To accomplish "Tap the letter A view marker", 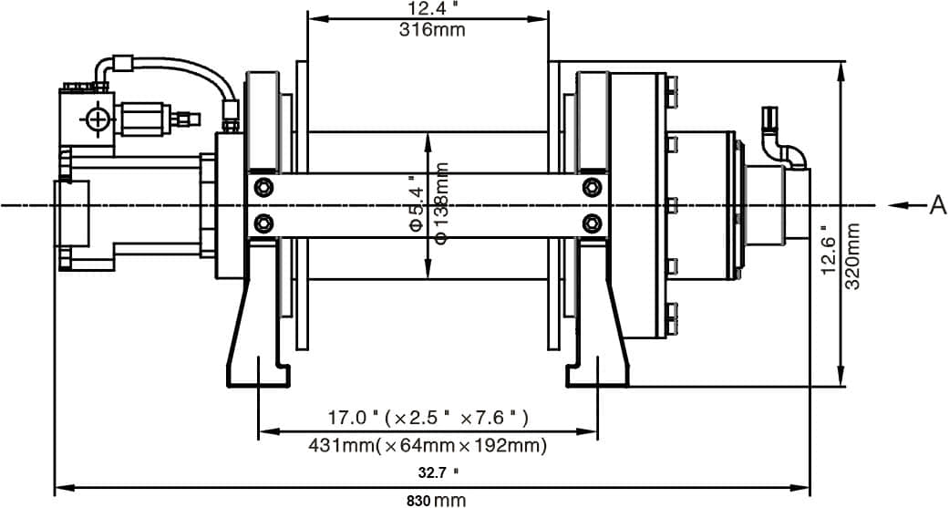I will click(x=937, y=206).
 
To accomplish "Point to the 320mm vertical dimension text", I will click(x=854, y=256).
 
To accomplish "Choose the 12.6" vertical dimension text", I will click(x=829, y=249).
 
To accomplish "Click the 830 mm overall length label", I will click(x=436, y=500).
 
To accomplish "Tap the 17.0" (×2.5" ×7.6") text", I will click(x=428, y=418).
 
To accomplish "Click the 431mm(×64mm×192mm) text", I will click(x=428, y=445).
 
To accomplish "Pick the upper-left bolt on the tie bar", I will click(x=264, y=188).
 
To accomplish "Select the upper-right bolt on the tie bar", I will click(x=593, y=188).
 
